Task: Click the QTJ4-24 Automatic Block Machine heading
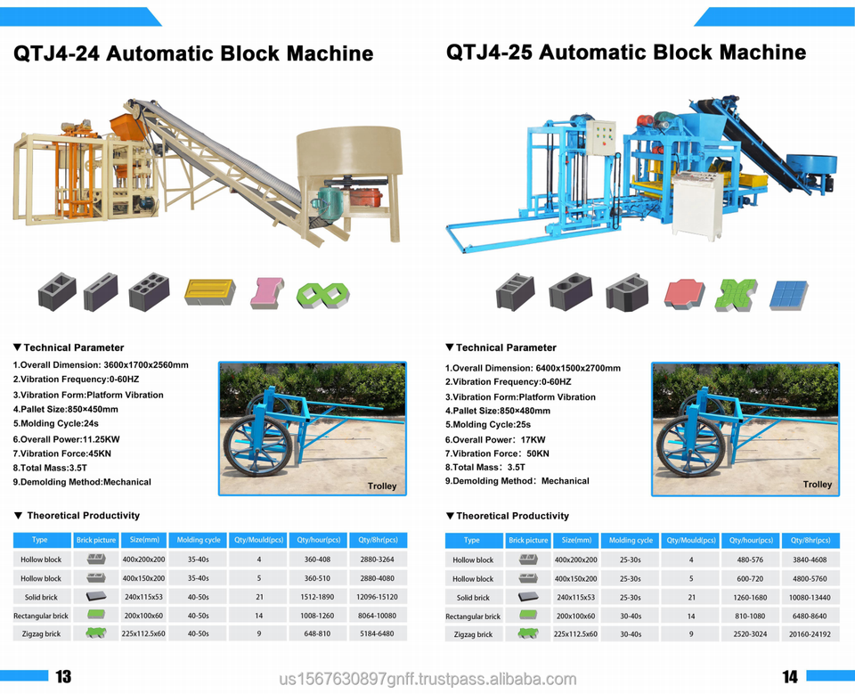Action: (193, 53)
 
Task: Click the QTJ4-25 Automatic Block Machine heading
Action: (626, 52)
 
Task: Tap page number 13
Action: (63, 677)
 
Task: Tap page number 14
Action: (790, 677)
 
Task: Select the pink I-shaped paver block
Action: (265, 292)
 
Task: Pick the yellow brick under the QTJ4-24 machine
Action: (209, 291)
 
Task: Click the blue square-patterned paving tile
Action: (788, 294)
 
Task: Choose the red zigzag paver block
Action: (684, 293)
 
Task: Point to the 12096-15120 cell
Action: (378, 597)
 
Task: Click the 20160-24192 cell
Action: (810, 634)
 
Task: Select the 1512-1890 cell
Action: (318, 597)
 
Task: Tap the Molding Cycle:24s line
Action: (55, 424)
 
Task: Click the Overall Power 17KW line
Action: (495, 439)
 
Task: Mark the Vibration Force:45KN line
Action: (62, 453)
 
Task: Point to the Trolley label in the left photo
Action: (382, 486)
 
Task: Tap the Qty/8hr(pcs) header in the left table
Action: (378, 540)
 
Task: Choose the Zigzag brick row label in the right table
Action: (472, 634)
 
